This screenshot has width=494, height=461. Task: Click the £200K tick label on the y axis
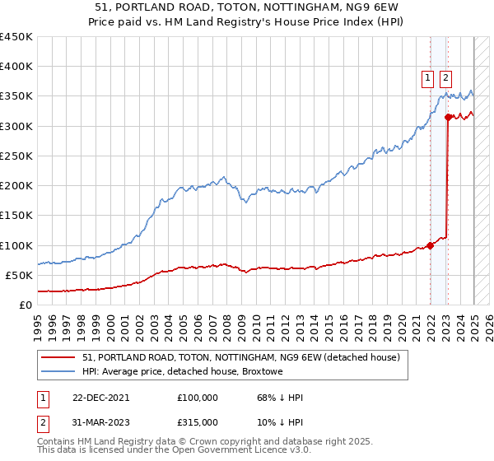pos(16,186)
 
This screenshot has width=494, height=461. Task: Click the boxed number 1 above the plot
pos(428,79)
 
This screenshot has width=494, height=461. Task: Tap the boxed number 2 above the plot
pos(445,79)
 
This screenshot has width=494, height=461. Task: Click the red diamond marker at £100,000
pos(430,245)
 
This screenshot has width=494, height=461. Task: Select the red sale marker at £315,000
pos(448,118)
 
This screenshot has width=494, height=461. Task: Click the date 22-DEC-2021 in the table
pos(100,398)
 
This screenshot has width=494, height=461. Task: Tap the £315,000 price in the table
pos(198,421)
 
